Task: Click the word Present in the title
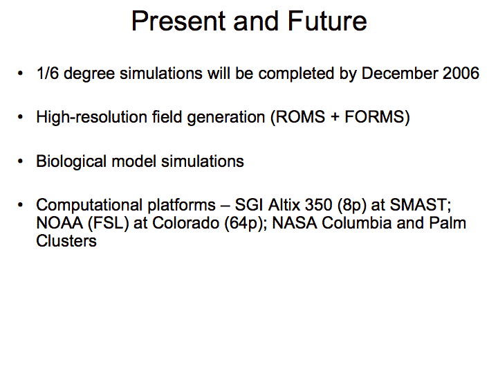pyautogui.click(x=178, y=21)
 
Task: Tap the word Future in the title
pyautogui.click(x=327, y=21)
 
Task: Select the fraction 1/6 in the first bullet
pyautogui.click(x=48, y=73)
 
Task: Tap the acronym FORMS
pyautogui.click(x=374, y=117)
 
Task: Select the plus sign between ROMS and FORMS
pyautogui.click(x=335, y=118)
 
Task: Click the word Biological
pyautogui.click(x=71, y=161)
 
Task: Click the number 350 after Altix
pyautogui.click(x=319, y=204)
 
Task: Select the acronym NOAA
pyautogui.click(x=59, y=222)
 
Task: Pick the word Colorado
pyautogui.click(x=186, y=222)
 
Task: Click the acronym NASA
pyautogui.click(x=295, y=222)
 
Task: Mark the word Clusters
pyautogui.click(x=66, y=241)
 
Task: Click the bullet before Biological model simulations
pyautogui.click(x=21, y=161)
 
